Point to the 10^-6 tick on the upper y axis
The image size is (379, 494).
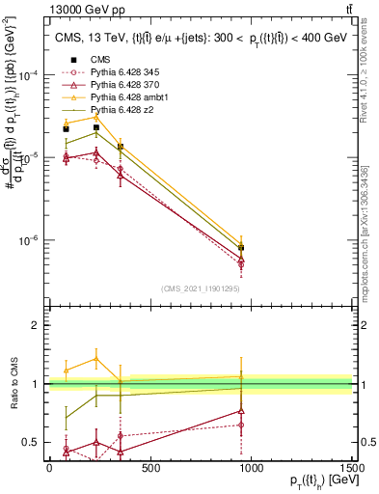tap(28, 240)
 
